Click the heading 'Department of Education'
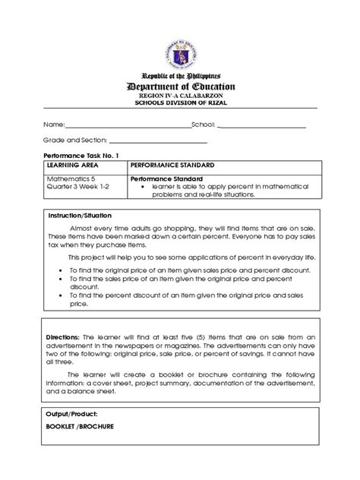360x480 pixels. (179, 87)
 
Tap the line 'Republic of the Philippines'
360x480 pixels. (179, 75)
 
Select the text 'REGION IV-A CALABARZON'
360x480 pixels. (179, 96)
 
